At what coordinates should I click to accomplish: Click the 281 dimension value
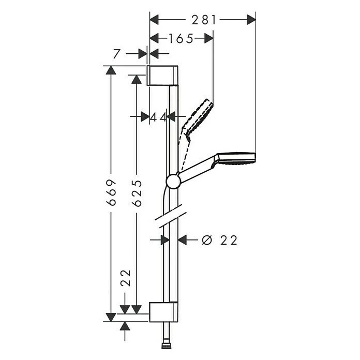[x=203, y=20]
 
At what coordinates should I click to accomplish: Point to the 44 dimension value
[x=158, y=117]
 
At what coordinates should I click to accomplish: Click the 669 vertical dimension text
[x=111, y=193]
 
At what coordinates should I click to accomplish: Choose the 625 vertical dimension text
[x=137, y=193]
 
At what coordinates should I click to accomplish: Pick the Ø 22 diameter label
[x=220, y=240]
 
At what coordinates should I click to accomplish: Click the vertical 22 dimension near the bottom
[x=125, y=278]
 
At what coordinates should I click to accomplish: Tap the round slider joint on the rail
[x=173, y=181]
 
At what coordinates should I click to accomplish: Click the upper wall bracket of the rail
[x=163, y=76]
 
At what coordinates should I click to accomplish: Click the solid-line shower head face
[x=236, y=157]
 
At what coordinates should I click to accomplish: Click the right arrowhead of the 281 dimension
[x=251, y=20]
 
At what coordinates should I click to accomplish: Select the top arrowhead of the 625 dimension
[x=137, y=79]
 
